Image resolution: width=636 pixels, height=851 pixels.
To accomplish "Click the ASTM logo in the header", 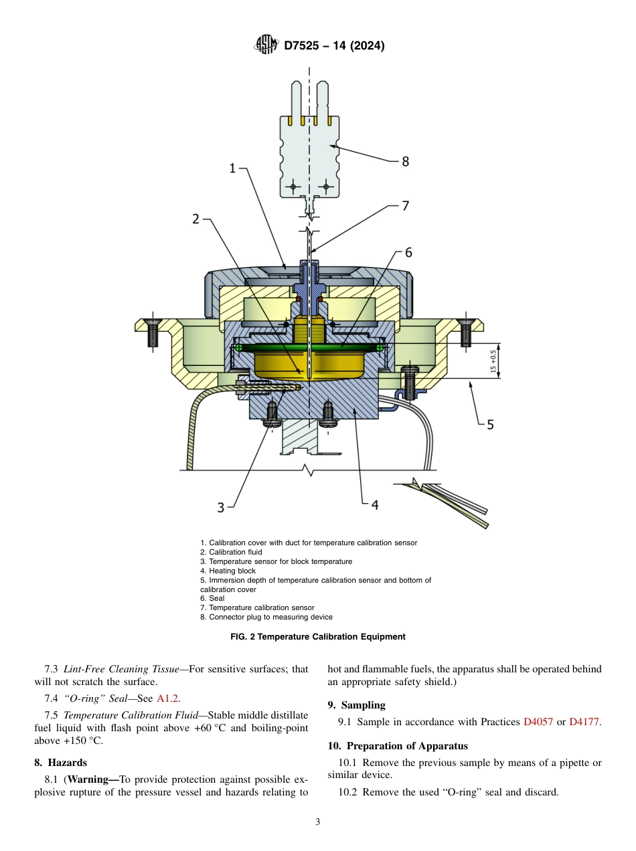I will pyautogui.click(x=266, y=45).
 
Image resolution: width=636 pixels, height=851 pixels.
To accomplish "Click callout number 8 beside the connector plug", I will pyautogui.click(x=405, y=161).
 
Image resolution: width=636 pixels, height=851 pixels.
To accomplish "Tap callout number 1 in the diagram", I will pyautogui.click(x=232, y=169).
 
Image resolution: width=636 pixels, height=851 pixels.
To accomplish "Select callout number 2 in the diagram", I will pyautogui.click(x=195, y=219).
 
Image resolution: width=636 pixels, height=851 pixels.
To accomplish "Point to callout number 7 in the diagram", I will pyautogui.click(x=405, y=206).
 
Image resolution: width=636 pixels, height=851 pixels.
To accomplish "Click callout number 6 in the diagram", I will pyautogui.click(x=408, y=252).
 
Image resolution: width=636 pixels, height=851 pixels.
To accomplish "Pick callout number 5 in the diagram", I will pyautogui.click(x=490, y=424).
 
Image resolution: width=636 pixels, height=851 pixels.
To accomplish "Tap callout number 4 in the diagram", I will pyautogui.click(x=375, y=504).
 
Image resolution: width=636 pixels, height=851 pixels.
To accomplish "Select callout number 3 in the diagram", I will pyautogui.click(x=221, y=508).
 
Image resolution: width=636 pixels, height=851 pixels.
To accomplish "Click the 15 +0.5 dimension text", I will pyautogui.click(x=494, y=362).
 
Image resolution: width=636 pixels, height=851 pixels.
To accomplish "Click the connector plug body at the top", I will pyautogui.click(x=309, y=154).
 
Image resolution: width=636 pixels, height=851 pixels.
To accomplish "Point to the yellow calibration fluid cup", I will pyautogui.click(x=309, y=365).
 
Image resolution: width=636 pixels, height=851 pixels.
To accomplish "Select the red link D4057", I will pyautogui.click(x=538, y=723).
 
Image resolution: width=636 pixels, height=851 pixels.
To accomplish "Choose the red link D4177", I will pyautogui.click(x=584, y=723).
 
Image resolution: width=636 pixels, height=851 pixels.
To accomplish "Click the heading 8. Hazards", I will pyautogui.click(x=60, y=763).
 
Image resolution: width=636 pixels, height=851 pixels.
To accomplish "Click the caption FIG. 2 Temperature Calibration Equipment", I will pyautogui.click(x=318, y=637).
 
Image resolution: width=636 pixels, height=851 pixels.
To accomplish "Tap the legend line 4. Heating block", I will pyautogui.click(x=228, y=571).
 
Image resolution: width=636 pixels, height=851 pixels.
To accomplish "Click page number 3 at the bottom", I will pyautogui.click(x=318, y=822).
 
